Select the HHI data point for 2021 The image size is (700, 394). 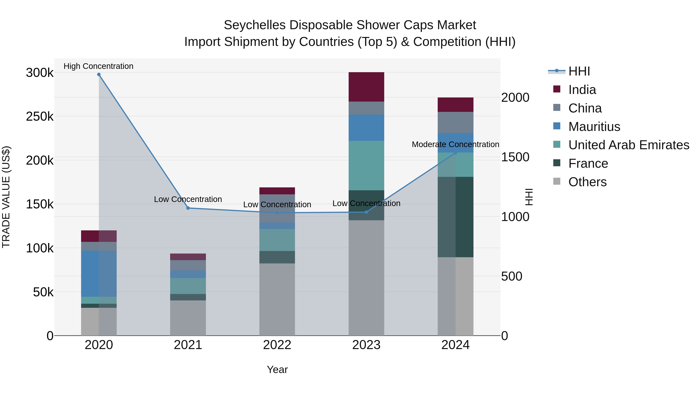point(188,208)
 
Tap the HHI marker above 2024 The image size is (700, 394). point(456,153)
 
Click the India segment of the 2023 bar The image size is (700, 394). point(366,87)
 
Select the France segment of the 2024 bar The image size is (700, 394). point(456,217)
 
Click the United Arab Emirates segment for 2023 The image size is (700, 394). point(366,165)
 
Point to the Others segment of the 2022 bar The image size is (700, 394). point(277,299)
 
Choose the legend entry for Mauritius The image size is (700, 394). point(594,127)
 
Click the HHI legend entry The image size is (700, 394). point(579,71)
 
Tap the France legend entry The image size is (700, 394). point(588,163)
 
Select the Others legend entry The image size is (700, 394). point(587,182)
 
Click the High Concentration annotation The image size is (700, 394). point(98,66)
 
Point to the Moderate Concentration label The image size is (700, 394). point(455,144)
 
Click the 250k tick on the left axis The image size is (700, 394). point(40,117)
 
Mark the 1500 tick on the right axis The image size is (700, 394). point(515,157)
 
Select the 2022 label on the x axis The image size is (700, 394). point(277,345)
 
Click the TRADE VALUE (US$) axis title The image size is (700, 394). point(6,197)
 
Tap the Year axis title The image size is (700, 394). point(277,369)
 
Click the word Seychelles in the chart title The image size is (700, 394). point(254,25)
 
